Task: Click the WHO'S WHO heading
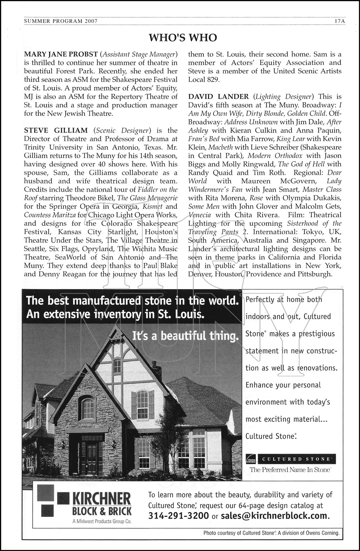183,38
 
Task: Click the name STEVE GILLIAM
56,130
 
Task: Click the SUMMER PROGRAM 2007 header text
61,21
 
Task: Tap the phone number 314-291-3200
179,516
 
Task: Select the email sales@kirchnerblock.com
274,516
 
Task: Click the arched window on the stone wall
88,408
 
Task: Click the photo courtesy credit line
271,533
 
